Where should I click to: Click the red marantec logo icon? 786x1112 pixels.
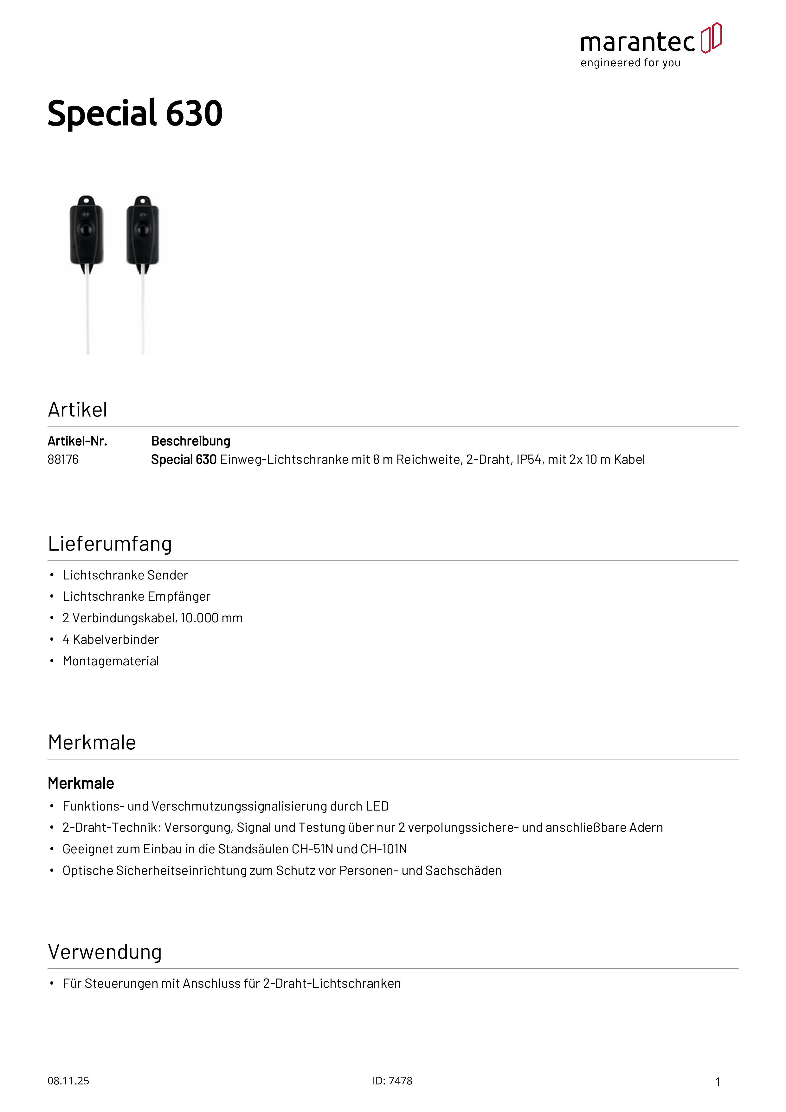[x=711, y=38]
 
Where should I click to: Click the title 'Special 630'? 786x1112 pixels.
[x=135, y=113]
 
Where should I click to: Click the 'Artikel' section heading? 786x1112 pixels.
[x=77, y=410]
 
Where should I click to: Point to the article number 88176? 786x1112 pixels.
[x=63, y=460]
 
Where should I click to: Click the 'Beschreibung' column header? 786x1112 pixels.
[x=190, y=441]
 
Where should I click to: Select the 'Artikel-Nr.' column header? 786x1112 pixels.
[x=77, y=441]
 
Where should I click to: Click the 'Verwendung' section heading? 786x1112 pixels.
[x=105, y=952]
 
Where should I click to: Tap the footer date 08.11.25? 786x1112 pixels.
[x=68, y=1081]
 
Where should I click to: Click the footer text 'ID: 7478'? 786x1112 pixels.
[x=392, y=1081]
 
